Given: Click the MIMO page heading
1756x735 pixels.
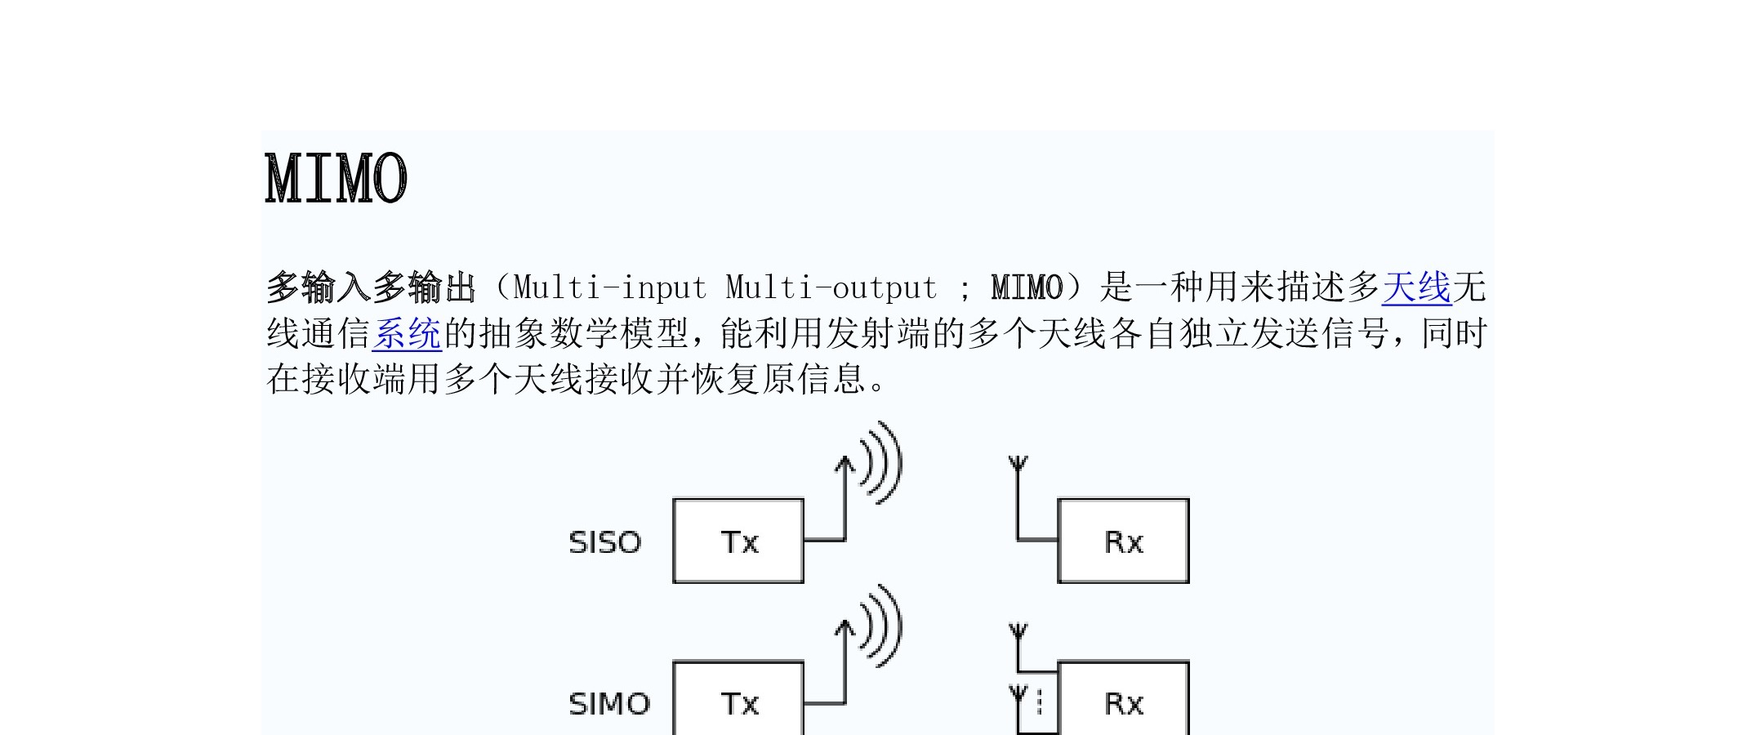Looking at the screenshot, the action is [x=336, y=177].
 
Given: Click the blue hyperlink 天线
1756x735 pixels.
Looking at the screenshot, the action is [x=1416, y=287].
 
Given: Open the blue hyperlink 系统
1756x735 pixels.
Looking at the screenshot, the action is [x=407, y=333].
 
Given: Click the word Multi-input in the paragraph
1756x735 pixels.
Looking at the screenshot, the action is [x=609, y=287].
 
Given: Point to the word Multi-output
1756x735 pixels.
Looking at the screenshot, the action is [x=831, y=287].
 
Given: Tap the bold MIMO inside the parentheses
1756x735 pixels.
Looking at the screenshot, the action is [x=1027, y=287].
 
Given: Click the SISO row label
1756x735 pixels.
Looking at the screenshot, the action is [x=605, y=542].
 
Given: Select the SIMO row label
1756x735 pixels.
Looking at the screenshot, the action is [x=609, y=704].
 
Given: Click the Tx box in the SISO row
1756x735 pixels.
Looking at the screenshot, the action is [x=738, y=541].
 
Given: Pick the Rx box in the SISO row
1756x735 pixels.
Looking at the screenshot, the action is [x=1123, y=541].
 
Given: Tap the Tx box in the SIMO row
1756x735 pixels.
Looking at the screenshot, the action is [x=738, y=698].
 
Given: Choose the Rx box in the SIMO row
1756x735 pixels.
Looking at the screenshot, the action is [x=1123, y=698].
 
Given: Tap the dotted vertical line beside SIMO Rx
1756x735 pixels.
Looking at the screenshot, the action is [x=1040, y=702].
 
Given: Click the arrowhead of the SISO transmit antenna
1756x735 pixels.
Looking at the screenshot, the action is [x=845, y=463].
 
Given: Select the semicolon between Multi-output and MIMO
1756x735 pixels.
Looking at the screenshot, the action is [x=965, y=290].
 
